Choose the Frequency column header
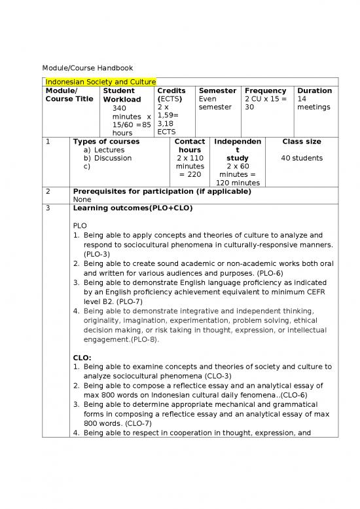265,90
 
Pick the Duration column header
314,90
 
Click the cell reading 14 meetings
314,103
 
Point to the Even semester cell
215,103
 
